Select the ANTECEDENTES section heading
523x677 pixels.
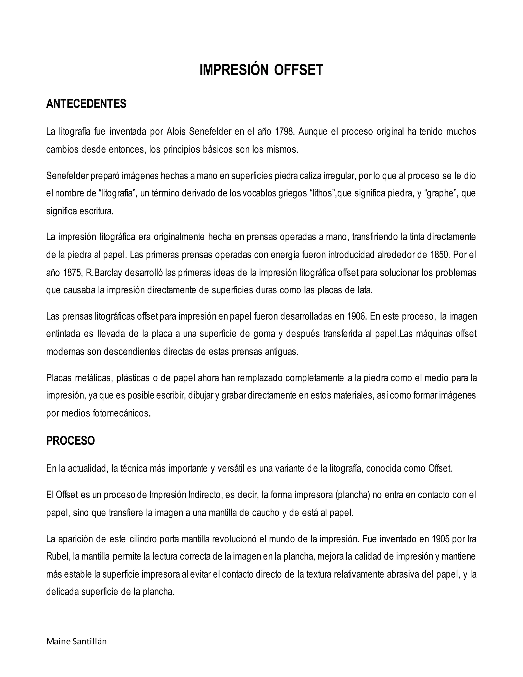pyautogui.click(x=86, y=104)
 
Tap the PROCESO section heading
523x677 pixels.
pyautogui.click(x=70, y=441)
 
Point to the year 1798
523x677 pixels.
pyautogui.click(x=284, y=132)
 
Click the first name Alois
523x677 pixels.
pyautogui.click(x=176, y=132)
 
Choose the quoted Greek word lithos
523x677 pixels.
pyautogui.click(x=323, y=193)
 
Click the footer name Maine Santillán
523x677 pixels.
pyautogui.click(x=76, y=642)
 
